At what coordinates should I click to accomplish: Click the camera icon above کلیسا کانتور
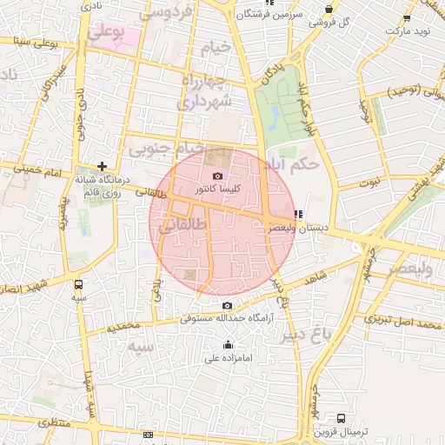pyautogui.click(x=217, y=176)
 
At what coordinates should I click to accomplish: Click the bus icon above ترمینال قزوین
pyautogui.click(x=340, y=419)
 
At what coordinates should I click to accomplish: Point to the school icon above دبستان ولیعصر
pyautogui.click(x=298, y=214)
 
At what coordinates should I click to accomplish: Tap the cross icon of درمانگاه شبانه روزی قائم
pyautogui.click(x=103, y=165)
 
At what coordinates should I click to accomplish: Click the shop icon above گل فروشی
pyautogui.click(x=329, y=10)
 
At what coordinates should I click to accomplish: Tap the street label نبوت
pyautogui.click(x=371, y=183)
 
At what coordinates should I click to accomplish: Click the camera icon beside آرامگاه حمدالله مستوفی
pyautogui.click(x=228, y=305)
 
